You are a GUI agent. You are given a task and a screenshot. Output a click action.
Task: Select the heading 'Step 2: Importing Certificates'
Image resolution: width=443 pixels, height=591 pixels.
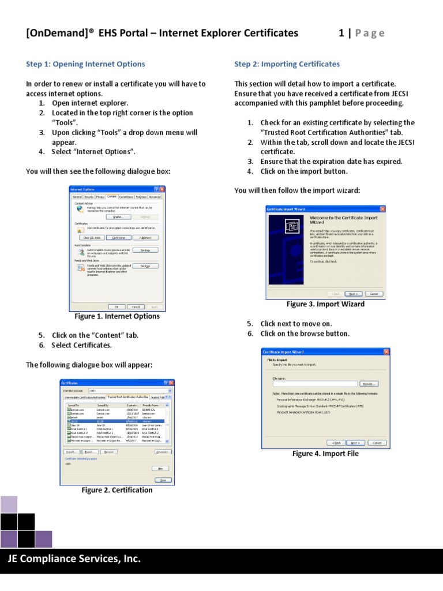tap(287, 64)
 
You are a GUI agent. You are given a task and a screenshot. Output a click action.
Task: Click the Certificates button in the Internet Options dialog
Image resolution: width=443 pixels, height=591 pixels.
tap(118, 237)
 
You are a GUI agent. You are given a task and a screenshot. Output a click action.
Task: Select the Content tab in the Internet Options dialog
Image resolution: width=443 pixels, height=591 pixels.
tap(111, 197)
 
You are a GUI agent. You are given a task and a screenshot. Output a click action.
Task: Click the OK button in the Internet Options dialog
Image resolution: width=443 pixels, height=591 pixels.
tap(117, 306)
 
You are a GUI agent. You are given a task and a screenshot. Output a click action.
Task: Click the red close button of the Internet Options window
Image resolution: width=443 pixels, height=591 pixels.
tap(162, 189)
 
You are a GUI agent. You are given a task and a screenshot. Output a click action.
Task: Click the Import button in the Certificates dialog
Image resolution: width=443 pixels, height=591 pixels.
tap(72, 452)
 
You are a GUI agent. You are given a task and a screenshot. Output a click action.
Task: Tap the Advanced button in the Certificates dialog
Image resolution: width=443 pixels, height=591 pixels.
tap(163, 452)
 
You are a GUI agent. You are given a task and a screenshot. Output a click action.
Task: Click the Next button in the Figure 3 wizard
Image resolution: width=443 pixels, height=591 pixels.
tap(352, 293)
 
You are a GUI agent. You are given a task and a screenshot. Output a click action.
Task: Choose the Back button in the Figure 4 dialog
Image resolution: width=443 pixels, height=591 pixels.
tap(336, 443)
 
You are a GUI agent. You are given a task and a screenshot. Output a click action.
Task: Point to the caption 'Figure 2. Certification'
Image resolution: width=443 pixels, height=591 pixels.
tap(117, 490)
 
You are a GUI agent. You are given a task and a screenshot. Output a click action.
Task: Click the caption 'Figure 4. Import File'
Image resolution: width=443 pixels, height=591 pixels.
tap(325, 454)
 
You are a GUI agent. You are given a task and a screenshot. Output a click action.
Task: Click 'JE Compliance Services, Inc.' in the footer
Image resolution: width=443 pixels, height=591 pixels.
tap(74, 559)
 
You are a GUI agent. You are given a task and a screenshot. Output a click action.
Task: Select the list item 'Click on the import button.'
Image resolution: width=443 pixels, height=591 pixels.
tap(303, 171)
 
